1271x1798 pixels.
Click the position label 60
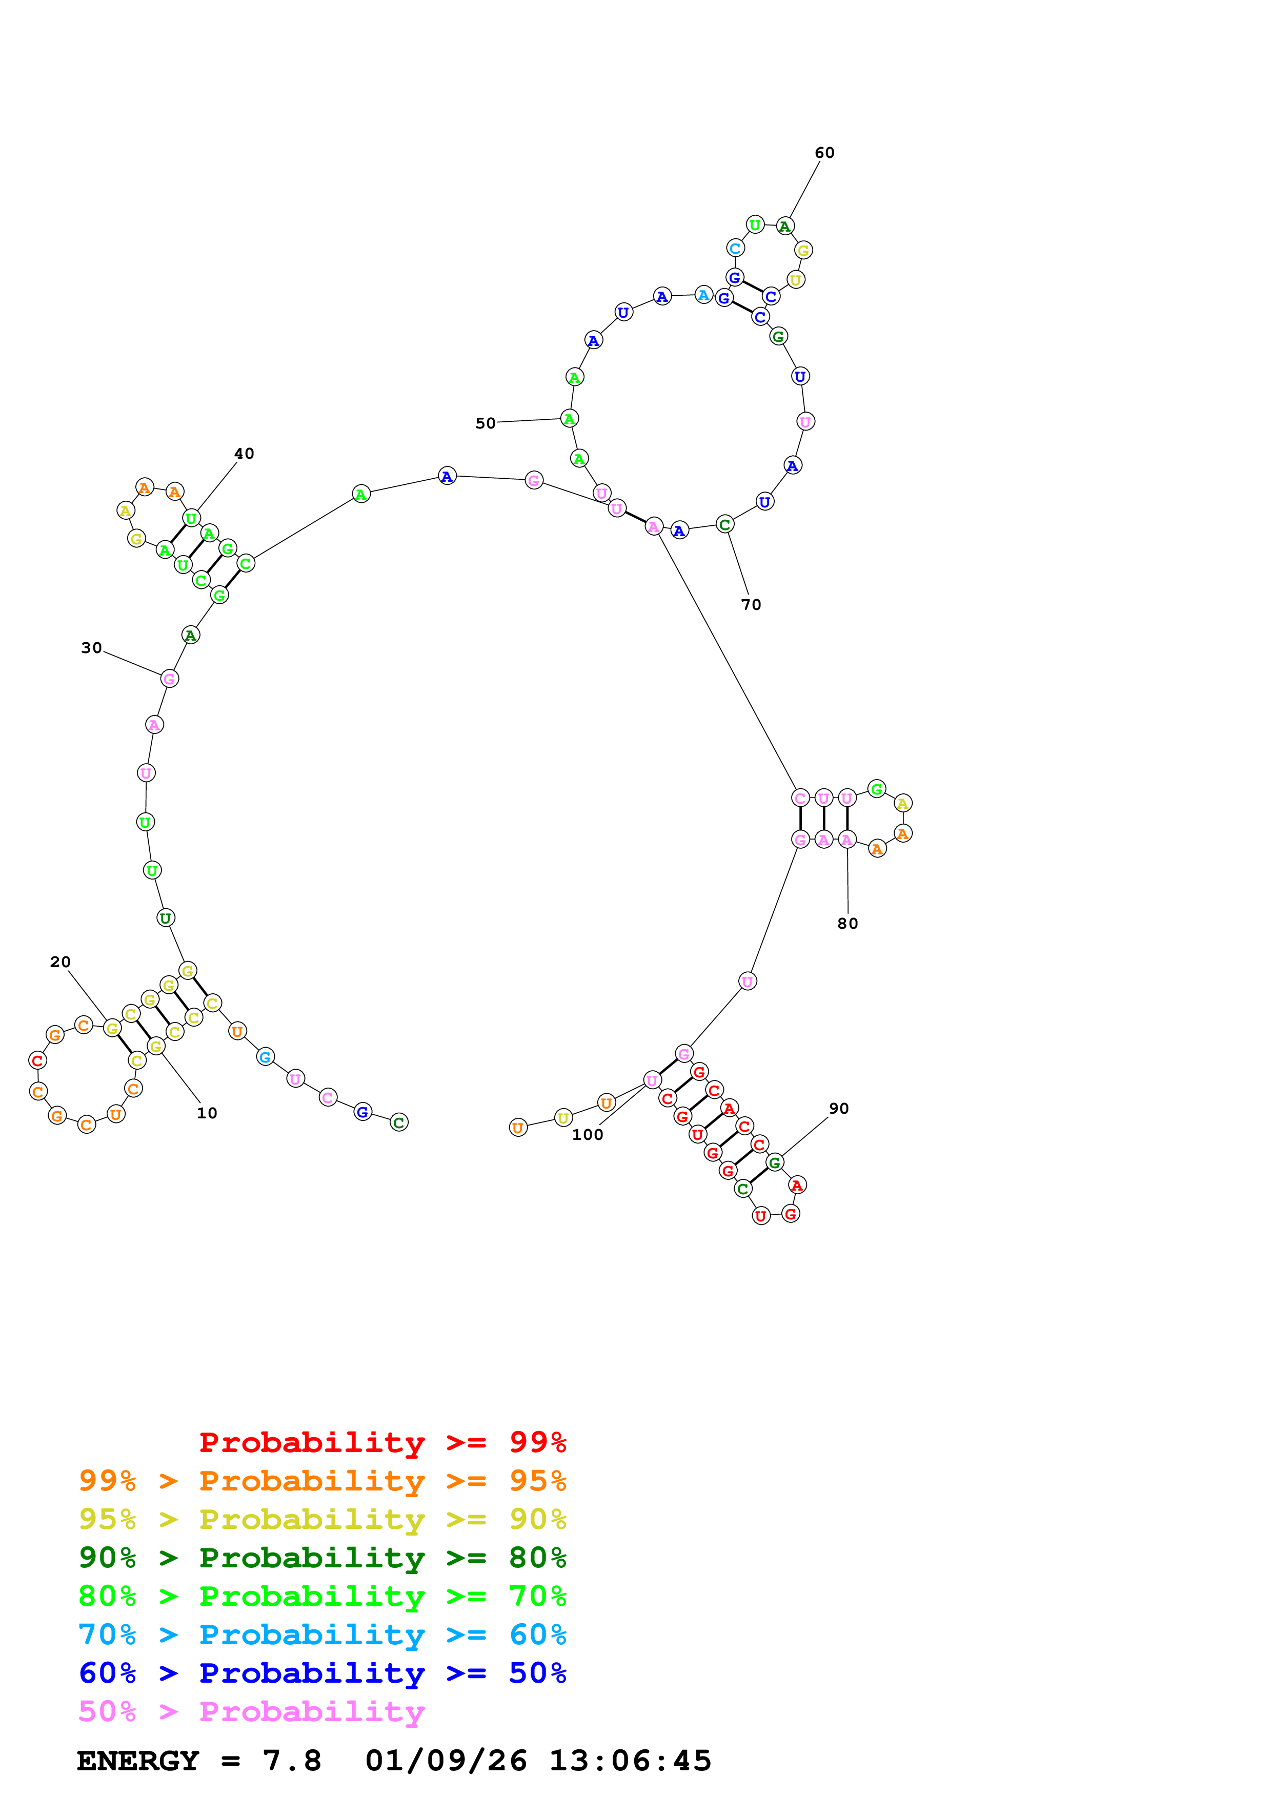[824, 153]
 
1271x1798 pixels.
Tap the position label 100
[588, 1135]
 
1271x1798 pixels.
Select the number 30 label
[92, 648]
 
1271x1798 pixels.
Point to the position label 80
[848, 923]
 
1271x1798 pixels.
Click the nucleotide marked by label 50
[569, 418]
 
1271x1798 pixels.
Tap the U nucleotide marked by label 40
[191, 518]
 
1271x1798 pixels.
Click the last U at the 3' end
[518, 1128]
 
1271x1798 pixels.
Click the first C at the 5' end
[398, 1122]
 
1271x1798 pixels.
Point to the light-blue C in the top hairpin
[735, 248]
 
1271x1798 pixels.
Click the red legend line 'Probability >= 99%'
[382, 1442]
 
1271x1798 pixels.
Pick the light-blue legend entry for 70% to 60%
[322, 1634]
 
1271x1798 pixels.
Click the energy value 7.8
[291, 1761]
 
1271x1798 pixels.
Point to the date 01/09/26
[446, 1761]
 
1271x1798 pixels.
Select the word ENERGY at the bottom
[138, 1761]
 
